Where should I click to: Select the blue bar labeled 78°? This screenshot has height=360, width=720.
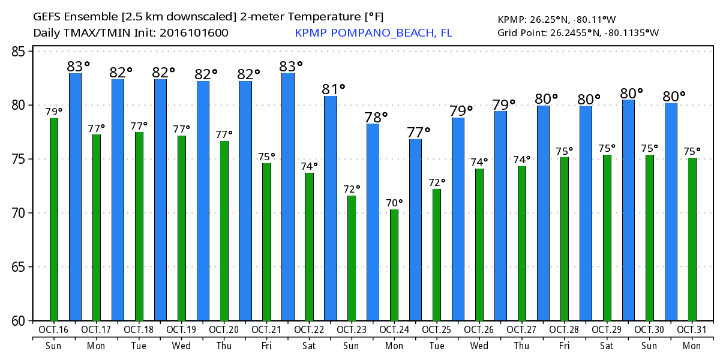point(373,222)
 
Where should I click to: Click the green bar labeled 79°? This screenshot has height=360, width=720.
point(54,220)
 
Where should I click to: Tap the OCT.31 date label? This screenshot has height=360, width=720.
point(692,329)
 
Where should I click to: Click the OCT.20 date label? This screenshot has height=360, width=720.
point(224,329)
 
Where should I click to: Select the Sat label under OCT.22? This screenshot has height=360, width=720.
point(309,346)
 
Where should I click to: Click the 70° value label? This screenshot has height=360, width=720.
point(395,203)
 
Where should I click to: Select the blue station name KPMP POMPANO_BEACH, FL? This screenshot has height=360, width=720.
point(373,32)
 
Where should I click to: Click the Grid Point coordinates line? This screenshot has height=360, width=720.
point(578,32)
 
